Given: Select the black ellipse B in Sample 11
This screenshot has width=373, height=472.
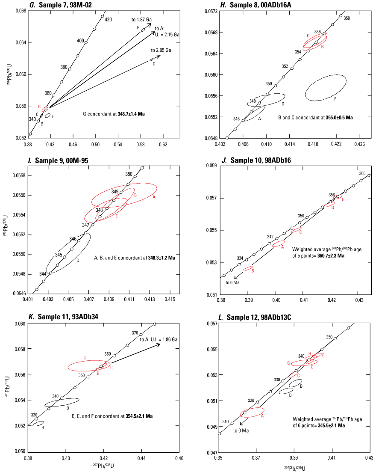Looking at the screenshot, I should point(38,424).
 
